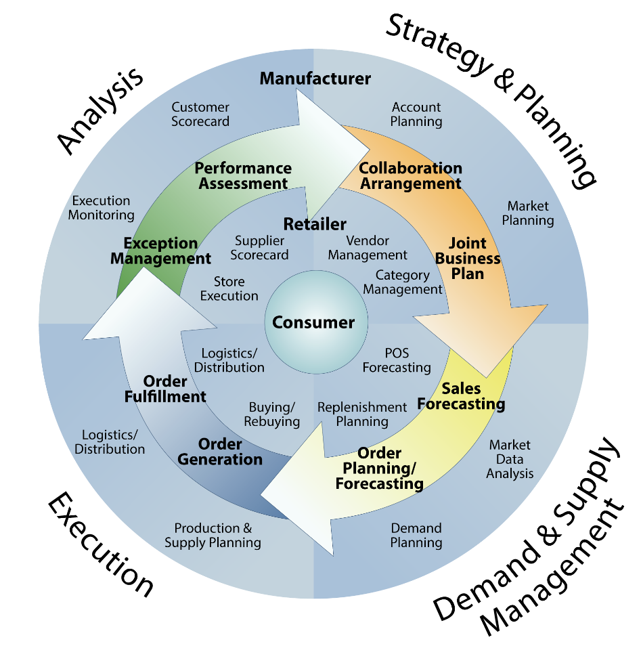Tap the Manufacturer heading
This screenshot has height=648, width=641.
(x=315, y=79)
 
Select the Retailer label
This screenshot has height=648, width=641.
(x=315, y=224)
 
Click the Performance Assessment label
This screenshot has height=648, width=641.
(x=243, y=175)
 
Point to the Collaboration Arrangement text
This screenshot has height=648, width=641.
(x=410, y=175)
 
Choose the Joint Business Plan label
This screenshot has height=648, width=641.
(x=468, y=258)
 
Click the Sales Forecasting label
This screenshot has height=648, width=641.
(x=461, y=396)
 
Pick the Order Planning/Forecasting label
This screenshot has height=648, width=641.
(x=380, y=468)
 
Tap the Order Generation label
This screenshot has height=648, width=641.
(x=220, y=452)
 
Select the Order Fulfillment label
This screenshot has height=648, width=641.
(x=165, y=389)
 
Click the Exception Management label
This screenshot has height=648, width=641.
(x=160, y=251)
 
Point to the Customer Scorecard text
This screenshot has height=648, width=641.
(x=200, y=114)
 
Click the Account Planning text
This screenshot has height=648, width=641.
(x=416, y=114)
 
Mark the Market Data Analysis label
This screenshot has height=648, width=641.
(x=510, y=459)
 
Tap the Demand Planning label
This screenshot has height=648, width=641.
(x=416, y=535)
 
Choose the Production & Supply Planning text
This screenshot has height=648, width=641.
(x=213, y=535)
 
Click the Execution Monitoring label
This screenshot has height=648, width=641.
(x=102, y=208)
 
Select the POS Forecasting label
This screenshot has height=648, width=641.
(x=397, y=360)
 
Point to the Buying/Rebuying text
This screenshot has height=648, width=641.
(x=272, y=414)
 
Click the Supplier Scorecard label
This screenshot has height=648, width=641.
(x=259, y=248)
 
